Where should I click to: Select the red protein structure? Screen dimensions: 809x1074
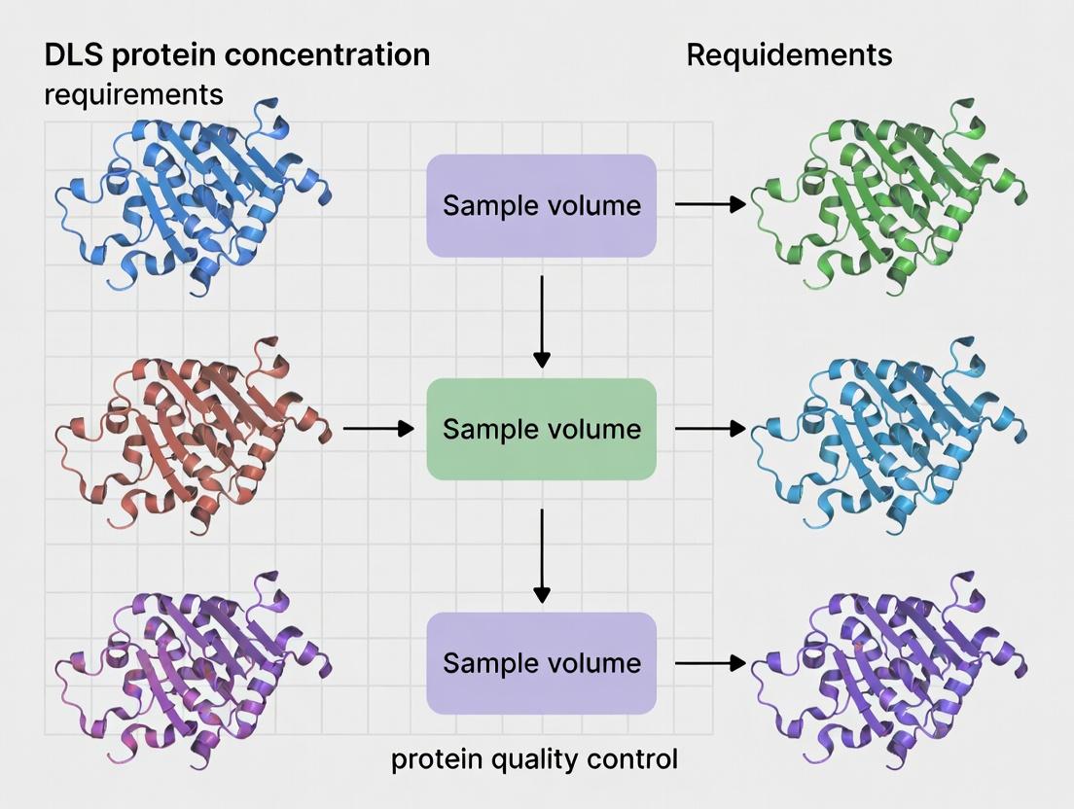tap(190, 433)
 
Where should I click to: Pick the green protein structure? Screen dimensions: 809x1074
tap(890, 199)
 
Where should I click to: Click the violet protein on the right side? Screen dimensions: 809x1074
tap(890, 671)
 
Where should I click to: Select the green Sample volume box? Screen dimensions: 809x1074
tap(541, 429)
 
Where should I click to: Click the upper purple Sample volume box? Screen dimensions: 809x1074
tap(541, 205)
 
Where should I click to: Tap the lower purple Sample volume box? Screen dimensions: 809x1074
tap(541, 663)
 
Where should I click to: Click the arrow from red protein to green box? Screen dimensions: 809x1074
tap(378, 429)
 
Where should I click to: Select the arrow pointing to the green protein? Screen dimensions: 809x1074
tap(710, 204)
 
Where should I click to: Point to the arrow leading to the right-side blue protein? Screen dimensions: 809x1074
tap(710, 428)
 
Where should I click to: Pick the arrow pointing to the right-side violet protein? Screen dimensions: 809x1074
tap(710, 663)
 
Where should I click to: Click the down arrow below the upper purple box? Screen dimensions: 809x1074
tap(542, 321)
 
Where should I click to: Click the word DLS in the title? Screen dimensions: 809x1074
tap(74, 55)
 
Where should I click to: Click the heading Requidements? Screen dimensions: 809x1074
tap(789, 55)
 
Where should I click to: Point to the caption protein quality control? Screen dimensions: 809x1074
tap(534, 758)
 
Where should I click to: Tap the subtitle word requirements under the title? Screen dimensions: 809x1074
tap(133, 94)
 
